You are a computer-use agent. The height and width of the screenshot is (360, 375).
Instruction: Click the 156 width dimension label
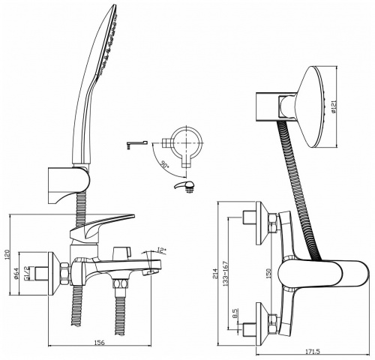pyautogui.click(x=100, y=343)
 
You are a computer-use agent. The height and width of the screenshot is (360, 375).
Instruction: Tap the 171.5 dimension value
pyautogui.click(x=312, y=352)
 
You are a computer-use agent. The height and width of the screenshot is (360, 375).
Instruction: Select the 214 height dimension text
pyautogui.click(x=215, y=274)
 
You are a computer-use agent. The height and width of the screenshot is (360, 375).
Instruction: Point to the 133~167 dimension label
pyautogui.click(x=225, y=274)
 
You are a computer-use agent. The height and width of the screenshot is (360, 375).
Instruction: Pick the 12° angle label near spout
pyautogui.click(x=162, y=250)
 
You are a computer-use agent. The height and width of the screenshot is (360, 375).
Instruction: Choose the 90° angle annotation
pyautogui.click(x=164, y=165)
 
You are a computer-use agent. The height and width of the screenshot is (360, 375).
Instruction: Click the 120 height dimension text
pyautogui.click(x=7, y=254)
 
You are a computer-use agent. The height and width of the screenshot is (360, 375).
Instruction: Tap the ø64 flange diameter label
pyautogui.click(x=16, y=273)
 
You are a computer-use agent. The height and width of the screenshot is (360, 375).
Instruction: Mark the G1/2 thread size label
pyautogui.click(x=25, y=274)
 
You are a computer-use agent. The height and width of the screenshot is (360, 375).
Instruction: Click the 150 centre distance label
pyautogui.click(x=268, y=274)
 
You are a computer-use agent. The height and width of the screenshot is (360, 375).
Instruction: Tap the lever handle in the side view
pyautogui.click(x=102, y=225)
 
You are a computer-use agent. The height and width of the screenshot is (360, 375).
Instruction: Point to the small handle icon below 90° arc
pyautogui.click(x=184, y=186)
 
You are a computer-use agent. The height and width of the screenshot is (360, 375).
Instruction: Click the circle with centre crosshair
pyautogui.click(x=187, y=143)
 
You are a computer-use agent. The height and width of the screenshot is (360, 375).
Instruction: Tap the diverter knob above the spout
pyautogui.click(x=122, y=253)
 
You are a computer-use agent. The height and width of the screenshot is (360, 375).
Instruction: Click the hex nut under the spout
pyautogui.click(x=121, y=284)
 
